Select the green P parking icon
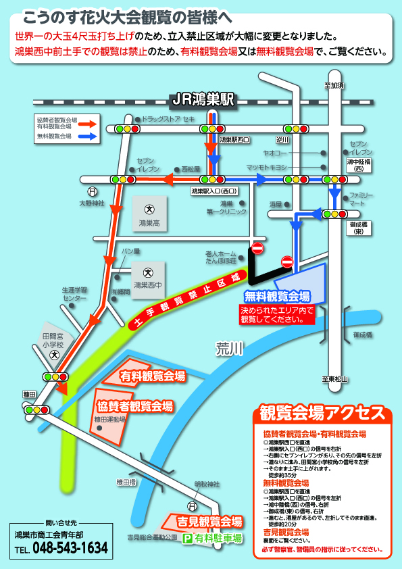187,539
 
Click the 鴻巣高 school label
149,222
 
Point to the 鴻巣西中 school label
148,284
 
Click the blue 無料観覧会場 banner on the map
277,296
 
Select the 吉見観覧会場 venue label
209,522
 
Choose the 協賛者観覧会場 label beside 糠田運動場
135,406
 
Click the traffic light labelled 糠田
32,410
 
